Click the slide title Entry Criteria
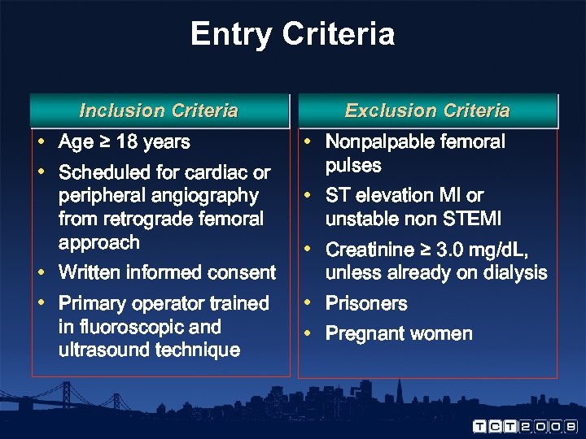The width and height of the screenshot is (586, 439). point(292,34)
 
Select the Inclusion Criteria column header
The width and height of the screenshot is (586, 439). point(159,111)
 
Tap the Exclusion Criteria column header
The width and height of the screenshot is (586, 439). point(427,111)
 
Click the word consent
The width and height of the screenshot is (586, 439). point(243,272)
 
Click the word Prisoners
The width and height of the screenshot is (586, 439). point(366,304)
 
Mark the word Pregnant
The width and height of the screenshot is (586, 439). point(364,334)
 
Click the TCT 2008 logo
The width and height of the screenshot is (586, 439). point(525,425)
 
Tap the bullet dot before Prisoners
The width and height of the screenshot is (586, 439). point(308,303)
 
